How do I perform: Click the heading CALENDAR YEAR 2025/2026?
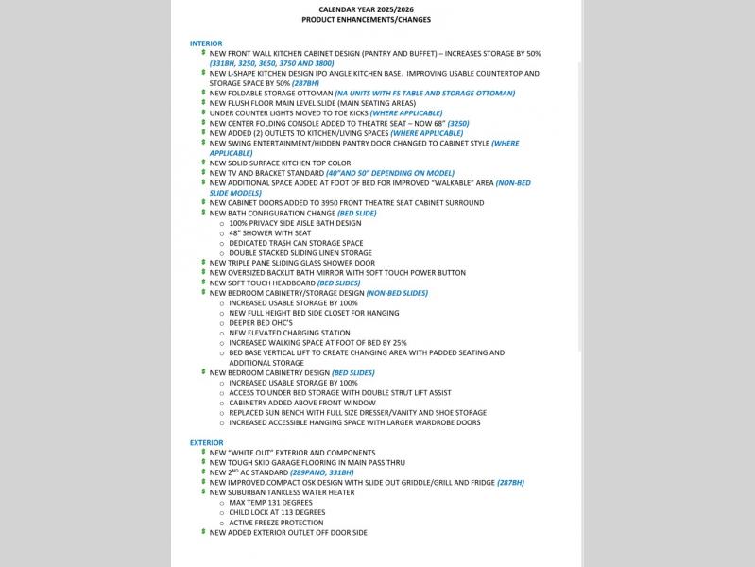(x=366, y=9)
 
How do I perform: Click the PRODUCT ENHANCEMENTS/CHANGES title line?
(x=366, y=19)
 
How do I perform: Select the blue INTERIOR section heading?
(x=206, y=43)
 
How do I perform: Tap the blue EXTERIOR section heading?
(x=207, y=442)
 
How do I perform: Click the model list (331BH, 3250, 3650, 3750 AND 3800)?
(x=271, y=63)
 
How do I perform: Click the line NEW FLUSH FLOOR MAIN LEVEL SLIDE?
(x=312, y=103)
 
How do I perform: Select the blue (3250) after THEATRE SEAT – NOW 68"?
(x=457, y=123)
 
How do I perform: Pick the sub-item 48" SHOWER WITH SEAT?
(x=269, y=232)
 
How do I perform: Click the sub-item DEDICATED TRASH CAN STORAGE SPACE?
(x=296, y=243)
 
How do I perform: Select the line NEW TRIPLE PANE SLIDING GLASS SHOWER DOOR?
(x=292, y=263)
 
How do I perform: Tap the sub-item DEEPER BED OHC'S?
(x=261, y=322)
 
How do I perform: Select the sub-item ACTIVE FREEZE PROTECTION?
(x=276, y=523)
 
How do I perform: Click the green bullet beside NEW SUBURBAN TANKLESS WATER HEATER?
(x=202, y=491)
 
